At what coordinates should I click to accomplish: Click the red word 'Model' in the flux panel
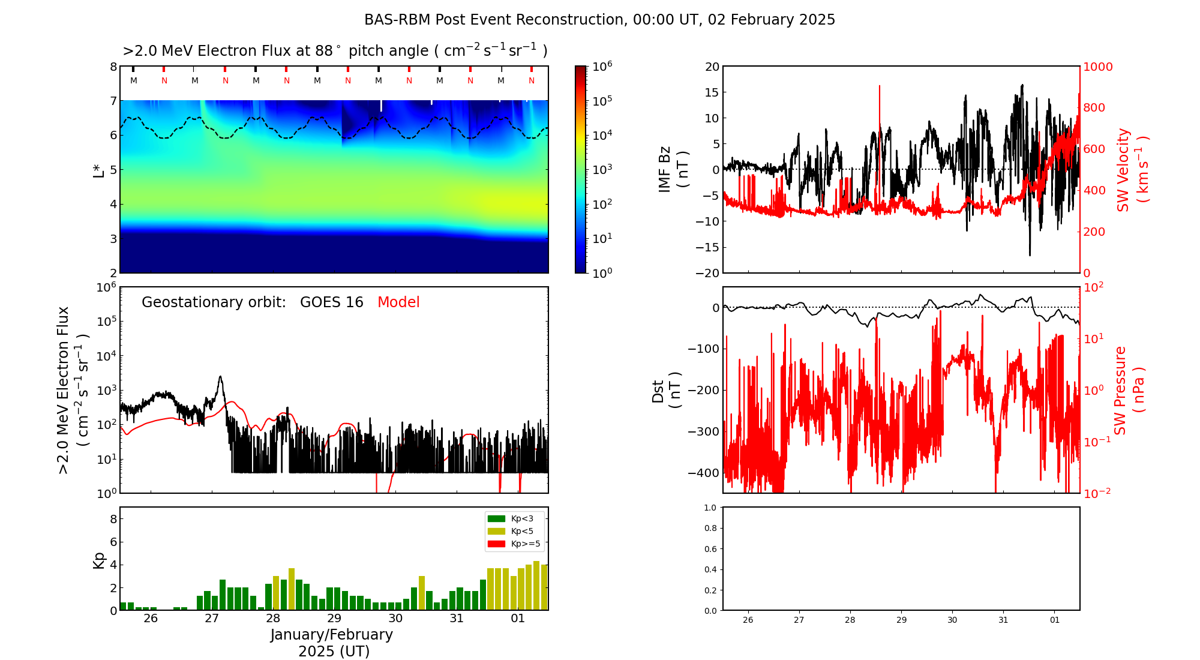click(398, 302)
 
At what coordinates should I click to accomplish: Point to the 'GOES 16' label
click(331, 302)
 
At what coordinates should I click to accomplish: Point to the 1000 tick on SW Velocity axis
click(1097, 67)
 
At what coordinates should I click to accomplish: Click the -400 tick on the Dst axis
click(704, 473)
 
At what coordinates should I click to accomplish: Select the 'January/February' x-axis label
click(331, 635)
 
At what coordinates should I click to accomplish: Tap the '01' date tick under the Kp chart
click(518, 619)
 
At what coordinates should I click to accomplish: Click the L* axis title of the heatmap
click(99, 169)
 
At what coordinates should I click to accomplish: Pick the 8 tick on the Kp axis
click(112, 519)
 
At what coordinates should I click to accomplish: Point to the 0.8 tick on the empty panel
click(710, 528)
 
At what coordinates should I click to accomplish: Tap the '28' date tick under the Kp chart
click(273, 619)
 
